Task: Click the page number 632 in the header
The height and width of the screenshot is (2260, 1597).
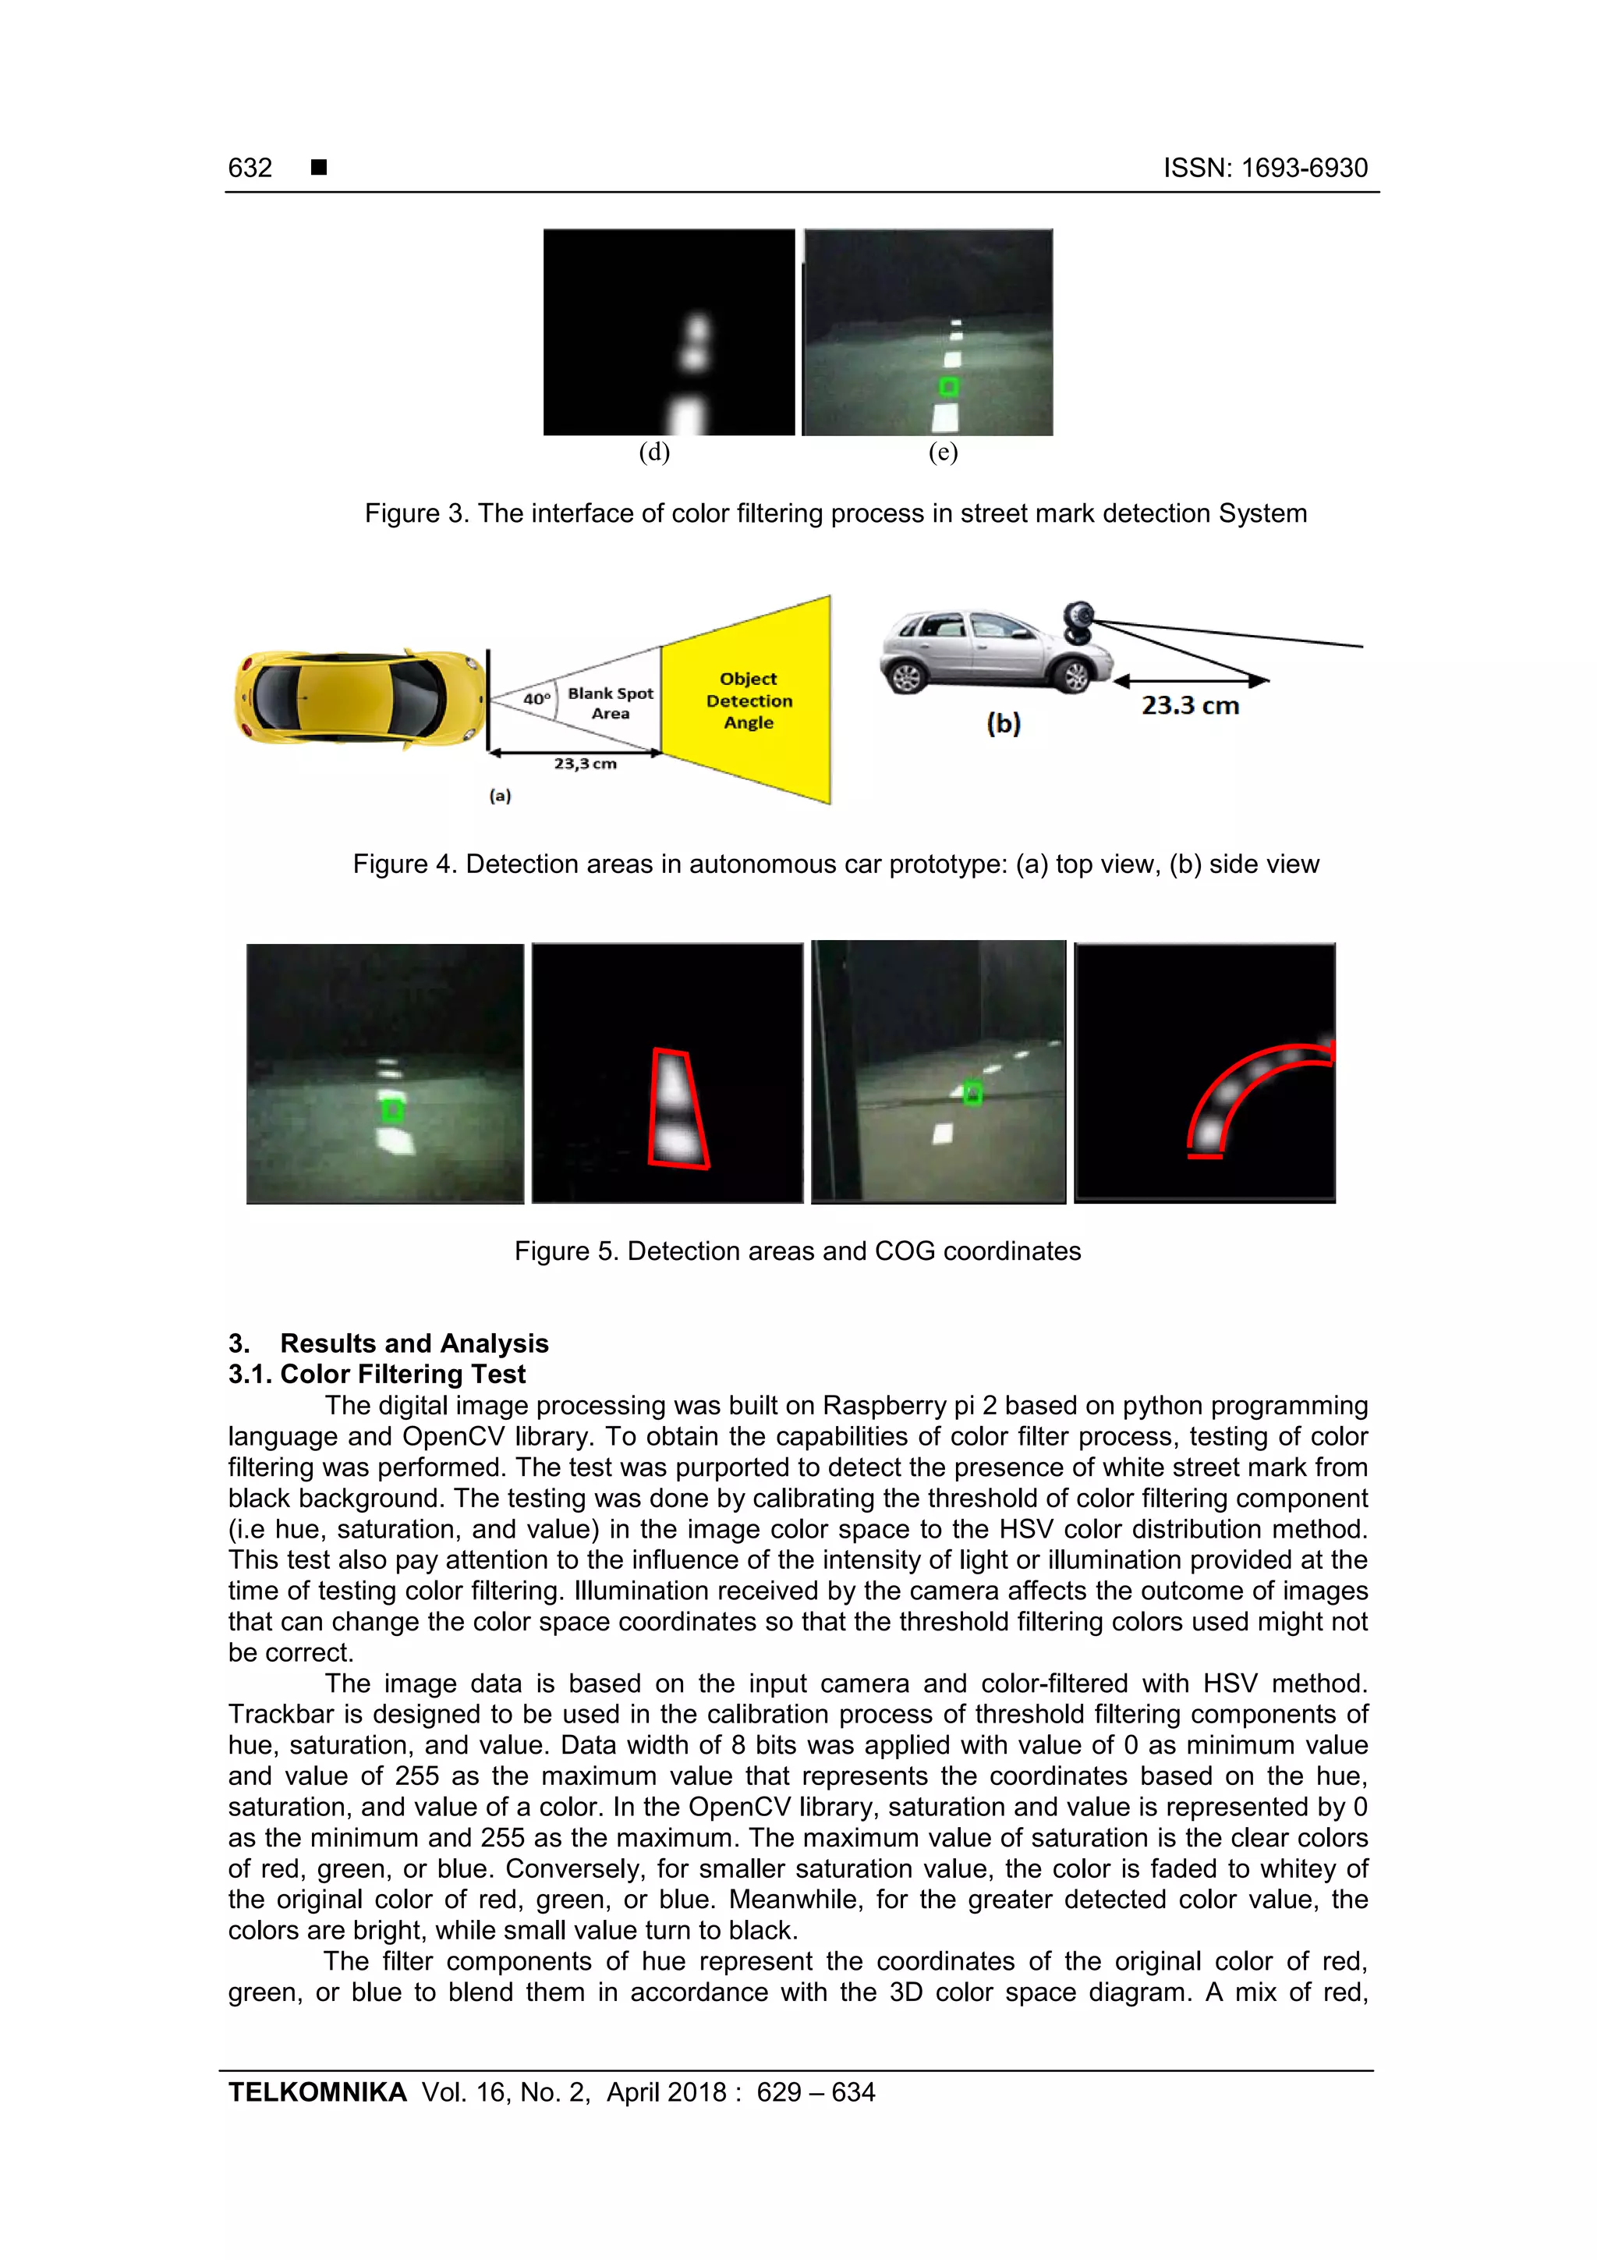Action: click(250, 169)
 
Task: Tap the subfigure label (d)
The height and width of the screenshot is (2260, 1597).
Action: click(654, 452)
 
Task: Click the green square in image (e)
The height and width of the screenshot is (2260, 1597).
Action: click(948, 386)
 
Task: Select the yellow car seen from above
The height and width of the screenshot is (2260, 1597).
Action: click(360, 698)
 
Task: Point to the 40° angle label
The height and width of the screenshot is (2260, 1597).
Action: click(536, 699)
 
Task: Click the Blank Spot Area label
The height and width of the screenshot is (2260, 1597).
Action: click(610, 703)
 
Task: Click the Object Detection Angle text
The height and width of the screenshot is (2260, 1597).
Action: click(749, 700)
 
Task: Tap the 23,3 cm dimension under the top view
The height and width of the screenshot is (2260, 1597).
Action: click(585, 764)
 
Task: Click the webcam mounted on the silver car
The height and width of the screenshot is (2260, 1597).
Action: click(1081, 622)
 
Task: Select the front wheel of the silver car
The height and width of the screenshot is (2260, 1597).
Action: click(1076, 676)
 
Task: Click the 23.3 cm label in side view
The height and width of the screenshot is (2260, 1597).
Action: click(1190, 706)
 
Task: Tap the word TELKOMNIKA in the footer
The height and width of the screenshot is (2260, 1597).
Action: click(317, 2093)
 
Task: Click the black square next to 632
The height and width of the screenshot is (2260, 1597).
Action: click(319, 167)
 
